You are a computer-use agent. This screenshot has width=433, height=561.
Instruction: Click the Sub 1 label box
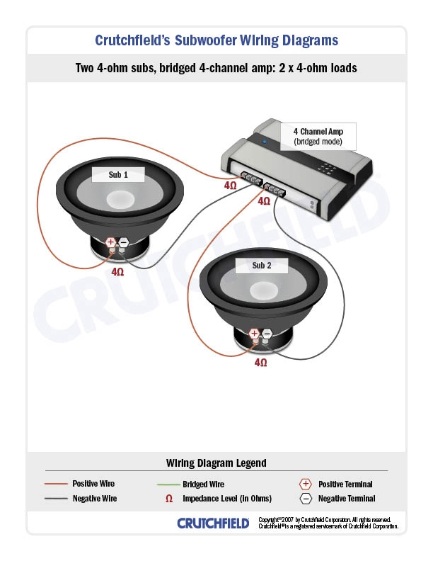[118, 174]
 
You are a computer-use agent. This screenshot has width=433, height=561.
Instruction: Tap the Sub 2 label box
[262, 266]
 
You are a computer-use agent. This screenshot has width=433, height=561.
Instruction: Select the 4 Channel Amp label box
[318, 137]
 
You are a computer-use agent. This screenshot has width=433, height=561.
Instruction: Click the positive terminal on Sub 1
[111, 243]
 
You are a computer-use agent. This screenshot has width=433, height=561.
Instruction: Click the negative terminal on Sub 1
[123, 243]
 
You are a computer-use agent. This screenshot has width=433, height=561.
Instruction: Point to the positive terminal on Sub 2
[255, 334]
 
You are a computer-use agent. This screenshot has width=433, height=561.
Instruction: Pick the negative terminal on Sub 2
[267, 334]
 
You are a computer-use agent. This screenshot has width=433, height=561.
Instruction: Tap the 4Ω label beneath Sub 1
[117, 271]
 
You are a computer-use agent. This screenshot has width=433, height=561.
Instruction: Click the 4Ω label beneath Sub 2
[260, 362]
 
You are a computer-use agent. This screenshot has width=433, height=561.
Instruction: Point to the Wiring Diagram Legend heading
[216, 463]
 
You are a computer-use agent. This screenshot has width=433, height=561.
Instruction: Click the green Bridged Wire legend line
[167, 484]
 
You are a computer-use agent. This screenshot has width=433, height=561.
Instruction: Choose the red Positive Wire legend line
[56, 484]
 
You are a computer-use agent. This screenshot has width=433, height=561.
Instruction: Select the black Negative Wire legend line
[56, 499]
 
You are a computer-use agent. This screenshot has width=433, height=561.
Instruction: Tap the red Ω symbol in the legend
[168, 499]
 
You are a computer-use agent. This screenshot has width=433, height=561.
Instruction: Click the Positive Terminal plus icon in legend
[306, 484]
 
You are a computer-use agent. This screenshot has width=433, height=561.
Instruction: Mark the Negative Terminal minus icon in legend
[306, 499]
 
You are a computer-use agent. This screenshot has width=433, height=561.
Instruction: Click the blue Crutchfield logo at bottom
[213, 523]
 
